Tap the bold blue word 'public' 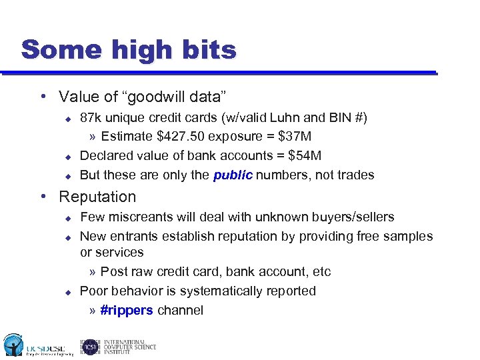pos(233,175)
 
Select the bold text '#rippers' pos(127,311)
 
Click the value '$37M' pos(295,137)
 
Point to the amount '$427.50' pos(179,137)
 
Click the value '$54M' pos(304,156)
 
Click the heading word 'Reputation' pos(97,197)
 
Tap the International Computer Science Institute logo pos(118,346)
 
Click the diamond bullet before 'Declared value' pos(67,157)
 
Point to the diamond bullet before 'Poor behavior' pos(67,292)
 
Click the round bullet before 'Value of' pos(44,97)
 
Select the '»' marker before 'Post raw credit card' pos(93,272)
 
